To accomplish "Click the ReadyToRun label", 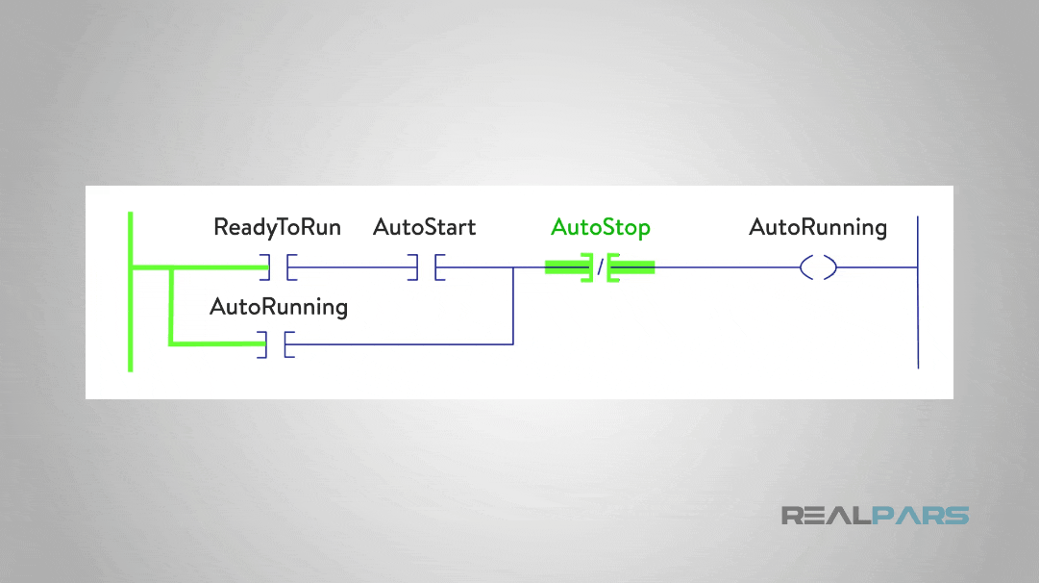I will (x=277, y=228).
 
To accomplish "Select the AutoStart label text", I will (x=424, y=228).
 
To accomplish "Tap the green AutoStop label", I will (x=601, y=228).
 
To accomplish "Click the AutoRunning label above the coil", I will (x=818, y=228).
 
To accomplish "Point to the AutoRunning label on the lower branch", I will (x=279, y=307).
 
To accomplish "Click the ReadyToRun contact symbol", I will (x=277, y=267).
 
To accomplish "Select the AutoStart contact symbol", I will (x=425, y=267).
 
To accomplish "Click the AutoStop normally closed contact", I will (x=600, y=267).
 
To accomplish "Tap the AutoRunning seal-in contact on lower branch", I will (x=276, y=343).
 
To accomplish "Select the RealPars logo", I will (x=875, y=516).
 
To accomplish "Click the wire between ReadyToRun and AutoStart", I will (x=351, y=267).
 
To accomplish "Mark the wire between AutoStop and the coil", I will (x=726, y=267).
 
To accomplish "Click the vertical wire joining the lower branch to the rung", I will (x=513, y=306).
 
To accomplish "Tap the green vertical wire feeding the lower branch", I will (x=171, y=305).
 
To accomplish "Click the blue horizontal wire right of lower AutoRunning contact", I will (x=404, y=343).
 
